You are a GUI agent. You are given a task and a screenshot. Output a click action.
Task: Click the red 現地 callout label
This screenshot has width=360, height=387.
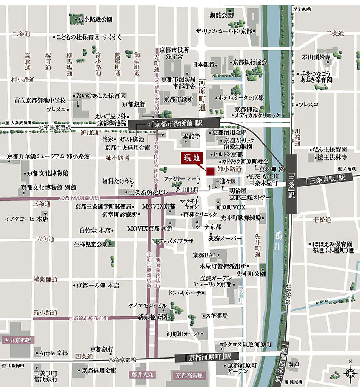(x=190, y=158)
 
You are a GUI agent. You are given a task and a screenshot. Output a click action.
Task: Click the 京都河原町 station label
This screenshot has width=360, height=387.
(x=206, y=357)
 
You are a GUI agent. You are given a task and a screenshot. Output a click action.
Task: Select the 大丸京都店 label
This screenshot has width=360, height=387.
(x=18, y=340)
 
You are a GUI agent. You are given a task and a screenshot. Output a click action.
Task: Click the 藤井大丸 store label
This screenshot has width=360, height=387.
(x=142, y=375)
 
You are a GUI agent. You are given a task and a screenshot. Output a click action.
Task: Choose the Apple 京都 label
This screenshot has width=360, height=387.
(x=54, y=353)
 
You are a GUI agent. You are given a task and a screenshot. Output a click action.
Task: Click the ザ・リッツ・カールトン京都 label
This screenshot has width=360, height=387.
(x=224, y=31)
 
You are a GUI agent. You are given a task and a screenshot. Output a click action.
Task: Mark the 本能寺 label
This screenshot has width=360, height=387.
(x=191, y=136)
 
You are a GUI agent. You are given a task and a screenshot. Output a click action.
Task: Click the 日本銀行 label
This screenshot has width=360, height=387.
(x=204, y=64)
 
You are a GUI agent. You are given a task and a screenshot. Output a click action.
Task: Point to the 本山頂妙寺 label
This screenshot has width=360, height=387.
(x=316, y=57)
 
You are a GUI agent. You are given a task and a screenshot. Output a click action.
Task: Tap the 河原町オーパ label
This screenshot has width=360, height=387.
(x=186, y=334)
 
